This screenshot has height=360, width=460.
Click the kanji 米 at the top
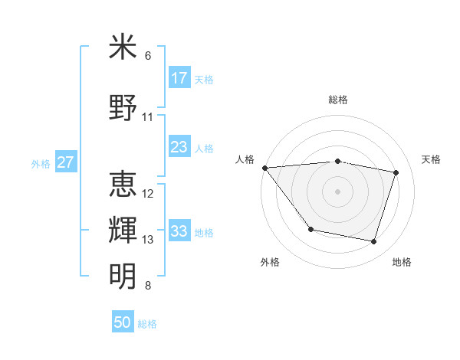(123, 47)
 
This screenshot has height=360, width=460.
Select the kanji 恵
(123, 185)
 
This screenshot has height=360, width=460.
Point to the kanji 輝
(123, 231)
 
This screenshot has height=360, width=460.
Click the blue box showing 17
(179, 78)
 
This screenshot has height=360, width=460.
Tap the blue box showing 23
(179, 147)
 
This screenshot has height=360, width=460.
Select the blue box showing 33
(179, 231)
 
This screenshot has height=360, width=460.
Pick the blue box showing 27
(66, 162)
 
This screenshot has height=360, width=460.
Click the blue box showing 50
(123, 322)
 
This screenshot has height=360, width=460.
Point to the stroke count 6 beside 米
(148, 56)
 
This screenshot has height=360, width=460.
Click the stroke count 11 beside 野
(148, 117)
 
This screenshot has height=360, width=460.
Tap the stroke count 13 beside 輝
(148, 240)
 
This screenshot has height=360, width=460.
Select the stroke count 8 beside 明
(148, 286)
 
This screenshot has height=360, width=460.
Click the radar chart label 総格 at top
(338, 100)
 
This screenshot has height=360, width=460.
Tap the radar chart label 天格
(432, 159)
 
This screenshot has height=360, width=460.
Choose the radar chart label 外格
(270, 262)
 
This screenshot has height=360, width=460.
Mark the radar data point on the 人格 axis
(264, 168)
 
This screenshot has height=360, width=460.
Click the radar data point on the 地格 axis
(374, 242)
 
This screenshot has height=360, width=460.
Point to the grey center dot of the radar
(338, 191)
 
